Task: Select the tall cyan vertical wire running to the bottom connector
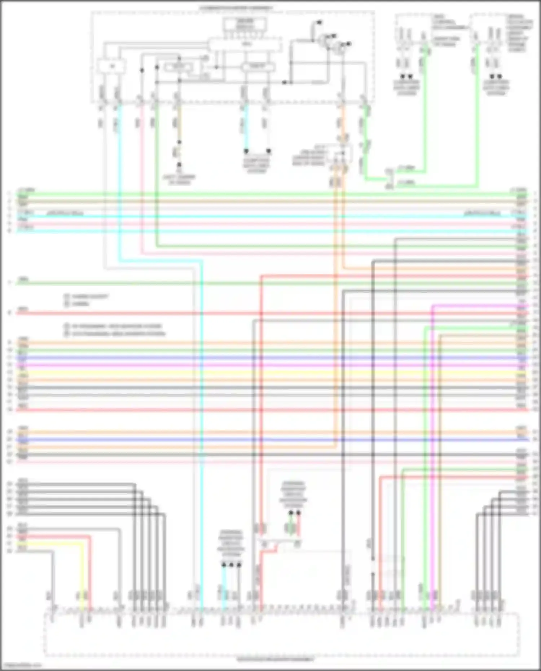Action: click(201, 433)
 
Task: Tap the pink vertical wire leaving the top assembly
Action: click(141, 180)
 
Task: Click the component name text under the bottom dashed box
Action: click(276, 659)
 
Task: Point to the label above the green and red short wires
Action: click(294, 492)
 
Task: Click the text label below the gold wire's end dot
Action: click(179, 180)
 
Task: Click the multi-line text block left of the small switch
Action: click(308, 156)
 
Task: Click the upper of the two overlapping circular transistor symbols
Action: click(327, 38)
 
